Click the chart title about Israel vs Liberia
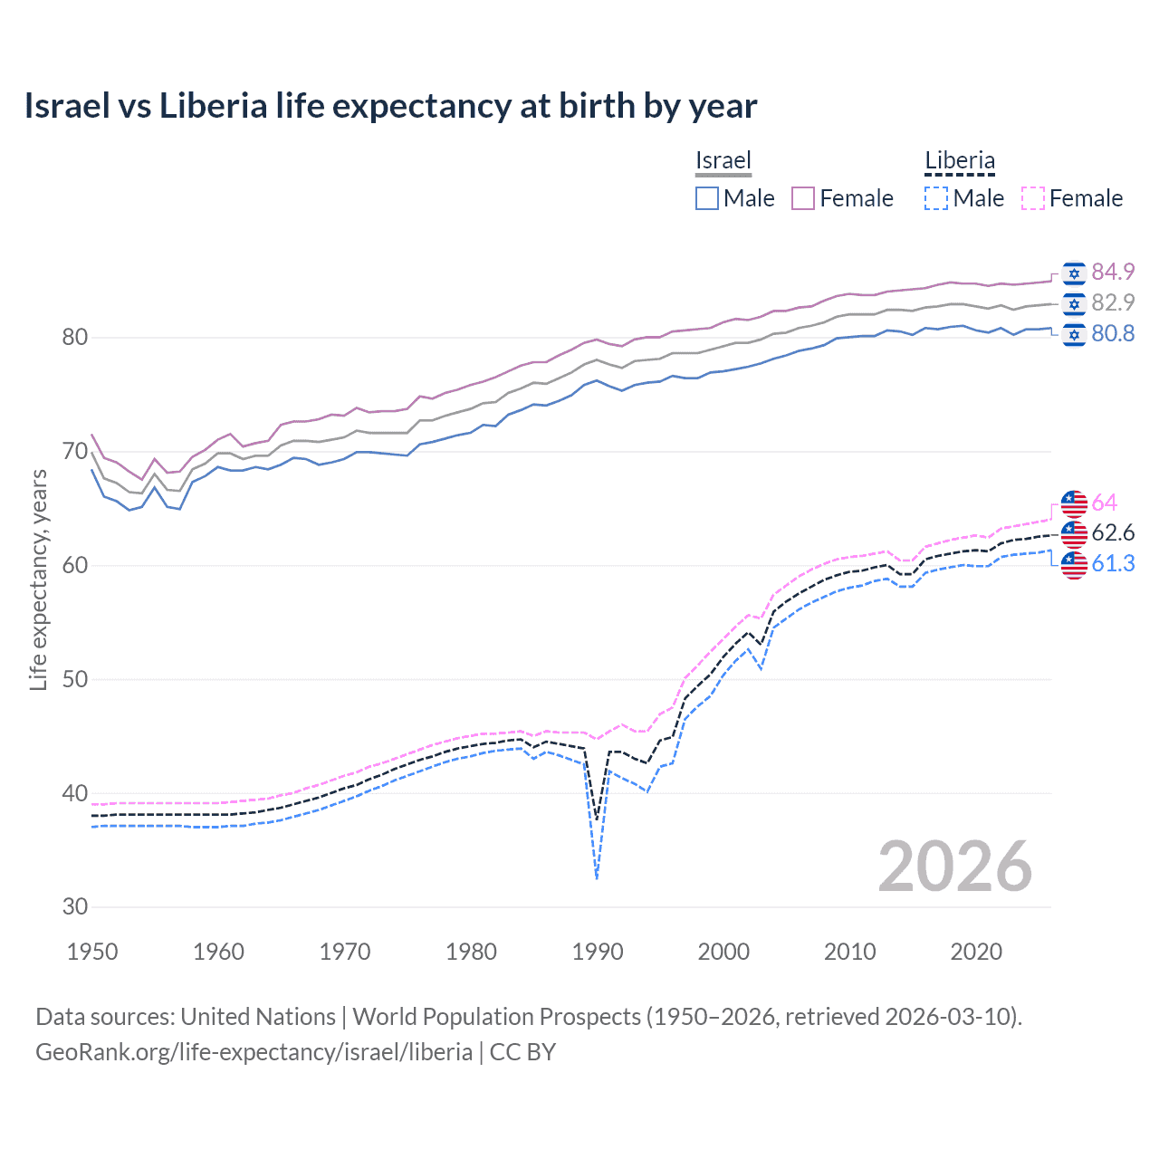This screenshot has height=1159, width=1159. tap(390, 106)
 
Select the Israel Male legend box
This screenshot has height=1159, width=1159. tap(707, 198)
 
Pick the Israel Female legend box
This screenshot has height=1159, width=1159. tap(803, 198)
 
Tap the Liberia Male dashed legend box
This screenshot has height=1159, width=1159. tap(936, 198)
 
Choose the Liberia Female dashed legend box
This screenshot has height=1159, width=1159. tap(1033, 198)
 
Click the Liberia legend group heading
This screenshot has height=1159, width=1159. tap(960, 161)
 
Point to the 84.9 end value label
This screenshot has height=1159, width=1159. tap(1113, 272)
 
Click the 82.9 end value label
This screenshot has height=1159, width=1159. tap(1113, 302)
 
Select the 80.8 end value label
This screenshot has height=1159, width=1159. tap(1113, 333)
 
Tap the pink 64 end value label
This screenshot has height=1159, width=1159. tap(1105, 503)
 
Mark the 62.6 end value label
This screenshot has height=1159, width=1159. tap(1113, 532)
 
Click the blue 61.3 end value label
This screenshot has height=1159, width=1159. tap(1113, 563)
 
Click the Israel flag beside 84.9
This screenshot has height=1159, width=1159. tap(1074, 273)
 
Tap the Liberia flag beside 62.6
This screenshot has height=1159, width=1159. tap(1074, 533)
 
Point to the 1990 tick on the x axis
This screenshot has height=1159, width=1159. tap(598, 952)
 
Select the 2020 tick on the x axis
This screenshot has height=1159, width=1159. tap(976, 952)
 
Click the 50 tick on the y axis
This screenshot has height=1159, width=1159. tap(75, 679)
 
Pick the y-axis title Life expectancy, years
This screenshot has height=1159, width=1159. tap(38, 579)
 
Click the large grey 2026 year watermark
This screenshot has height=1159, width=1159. tap(955, 867)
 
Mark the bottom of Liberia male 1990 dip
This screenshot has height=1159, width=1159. tap(597, 877)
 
